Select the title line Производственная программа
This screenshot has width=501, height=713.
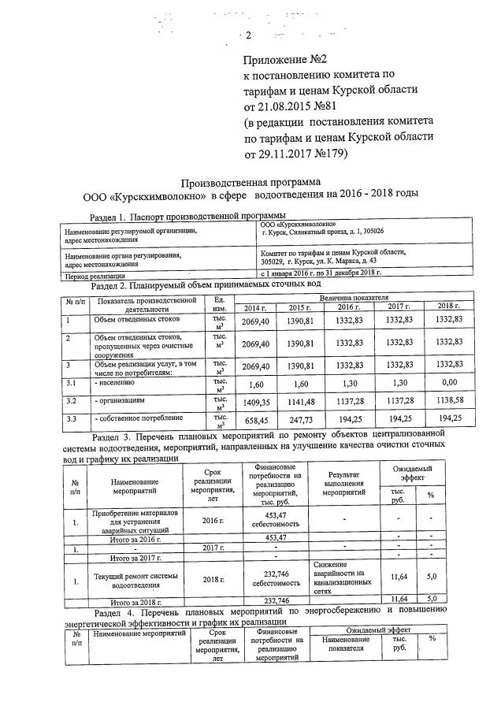pyautogui.click(x=250, y=180)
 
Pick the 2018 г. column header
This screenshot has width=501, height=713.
pyautogui.click(x=449, y=306)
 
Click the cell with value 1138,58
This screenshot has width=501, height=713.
pyautogui.click(x=450, y=402)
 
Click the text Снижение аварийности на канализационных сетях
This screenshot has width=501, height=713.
pyautogui.click(x=341, y=576)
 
